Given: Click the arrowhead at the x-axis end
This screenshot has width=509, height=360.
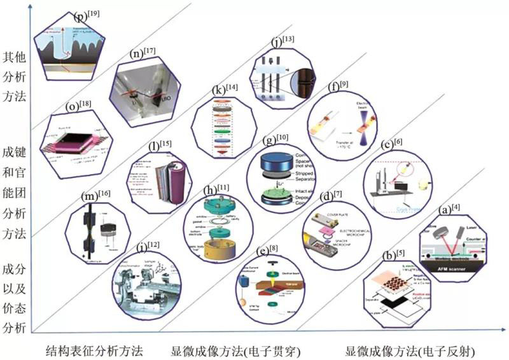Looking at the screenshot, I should tap(497, 330).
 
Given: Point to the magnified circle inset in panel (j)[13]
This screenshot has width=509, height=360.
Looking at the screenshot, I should tap(303, 80).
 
